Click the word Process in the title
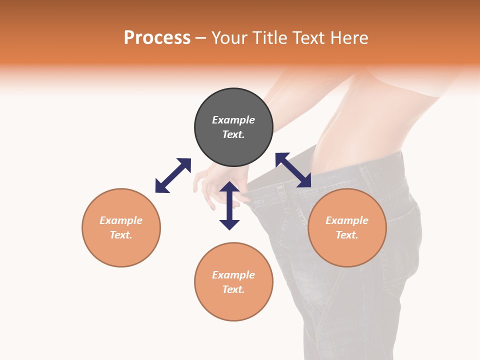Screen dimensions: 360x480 tap(157, 38)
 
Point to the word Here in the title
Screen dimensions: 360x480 tap(348, 38)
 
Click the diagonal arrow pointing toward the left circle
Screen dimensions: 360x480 tap(173, 175)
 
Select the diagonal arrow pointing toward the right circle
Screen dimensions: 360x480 tap(293, 170)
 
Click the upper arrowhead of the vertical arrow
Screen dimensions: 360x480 tap(229, 187)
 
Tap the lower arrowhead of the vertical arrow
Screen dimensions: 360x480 tap(229, 223)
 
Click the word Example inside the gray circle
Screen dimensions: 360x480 tap(233, 120)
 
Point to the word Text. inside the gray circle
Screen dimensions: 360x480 tap(233, 134)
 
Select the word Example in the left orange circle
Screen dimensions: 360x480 tap(121, 220)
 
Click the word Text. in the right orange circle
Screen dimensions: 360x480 tap(347, 235)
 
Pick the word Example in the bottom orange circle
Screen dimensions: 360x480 tap(233, 275)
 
